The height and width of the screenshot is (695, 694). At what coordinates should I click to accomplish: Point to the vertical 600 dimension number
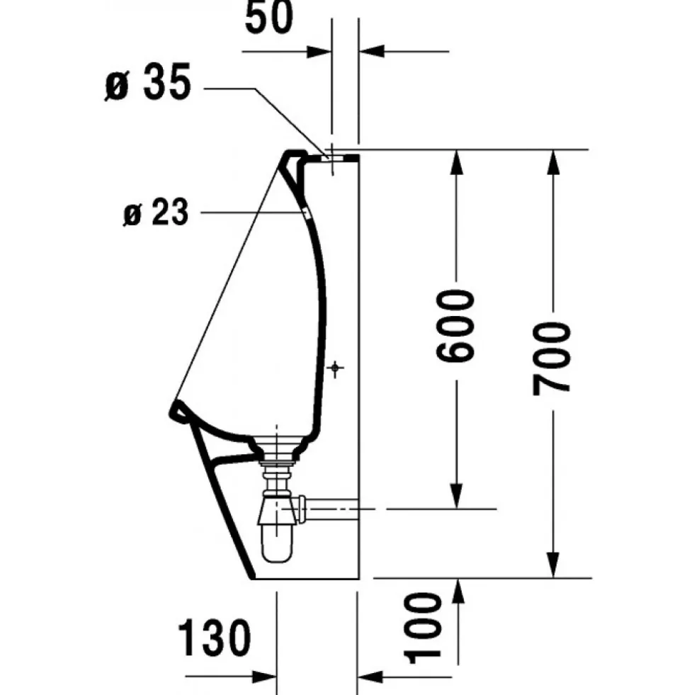point(455,326)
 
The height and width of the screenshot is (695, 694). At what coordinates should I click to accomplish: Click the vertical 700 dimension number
point(552,358)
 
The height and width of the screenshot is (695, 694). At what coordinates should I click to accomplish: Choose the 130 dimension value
point(215,638)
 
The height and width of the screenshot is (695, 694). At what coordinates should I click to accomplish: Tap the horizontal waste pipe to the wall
point(329,509)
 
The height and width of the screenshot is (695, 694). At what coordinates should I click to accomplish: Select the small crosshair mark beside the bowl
point(336,368)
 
